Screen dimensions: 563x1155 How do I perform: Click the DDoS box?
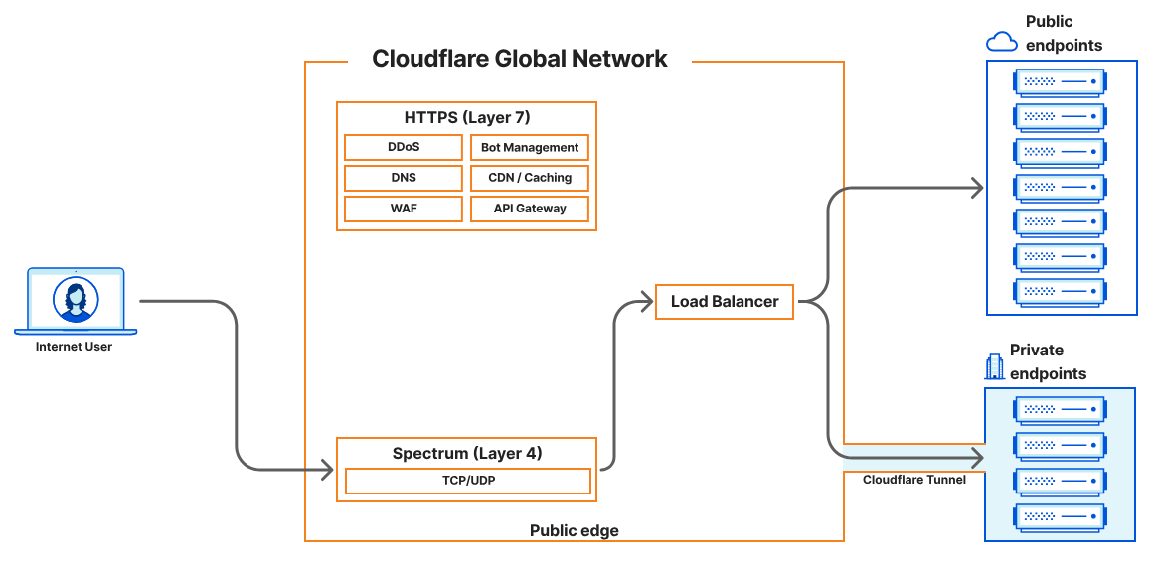coord(404,147)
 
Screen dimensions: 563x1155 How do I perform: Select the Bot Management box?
coord(529,147)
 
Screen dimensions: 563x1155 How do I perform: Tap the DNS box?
coord(404,178)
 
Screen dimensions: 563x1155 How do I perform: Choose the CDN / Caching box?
coord(529,178)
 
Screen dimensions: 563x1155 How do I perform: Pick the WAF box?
coord(404,209)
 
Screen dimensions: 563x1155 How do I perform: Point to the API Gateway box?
coord(529,209)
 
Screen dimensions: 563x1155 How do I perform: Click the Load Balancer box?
coord(725,302)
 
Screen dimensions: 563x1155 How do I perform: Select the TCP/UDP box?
coord(467,482)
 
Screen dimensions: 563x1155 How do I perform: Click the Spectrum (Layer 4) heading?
coord(467,454)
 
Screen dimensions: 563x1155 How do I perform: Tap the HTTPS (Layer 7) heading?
coord(467,117)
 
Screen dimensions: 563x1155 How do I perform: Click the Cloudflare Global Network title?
coord(520,59)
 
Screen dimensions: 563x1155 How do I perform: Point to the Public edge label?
coord(574,531)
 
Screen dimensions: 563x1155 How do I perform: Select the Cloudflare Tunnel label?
coord(913,480)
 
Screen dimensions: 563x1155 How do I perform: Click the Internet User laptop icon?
coord(76,300)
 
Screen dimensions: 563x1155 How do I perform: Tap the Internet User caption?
coord(75,347)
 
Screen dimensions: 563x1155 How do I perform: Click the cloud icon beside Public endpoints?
coord(1001,41)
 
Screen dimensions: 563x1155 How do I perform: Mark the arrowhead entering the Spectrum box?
coord(327,468)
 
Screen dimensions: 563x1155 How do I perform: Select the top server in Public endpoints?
coord(1060,81)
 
